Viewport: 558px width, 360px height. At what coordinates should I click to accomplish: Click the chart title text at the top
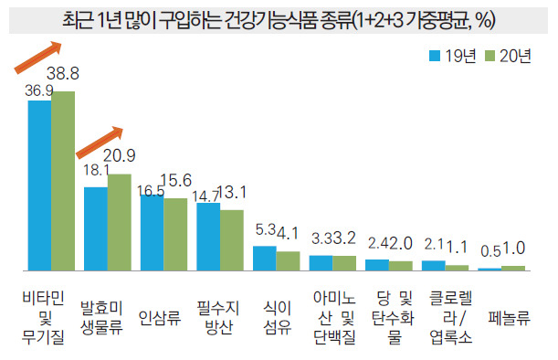279,20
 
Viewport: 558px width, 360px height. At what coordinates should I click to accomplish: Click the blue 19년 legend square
435,56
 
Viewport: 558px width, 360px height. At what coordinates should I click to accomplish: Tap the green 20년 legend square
490,56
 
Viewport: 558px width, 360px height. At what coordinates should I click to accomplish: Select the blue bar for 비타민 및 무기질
39,185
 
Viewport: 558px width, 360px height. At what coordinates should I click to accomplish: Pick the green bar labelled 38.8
63,181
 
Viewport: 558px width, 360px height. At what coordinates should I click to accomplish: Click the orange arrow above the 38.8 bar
38,58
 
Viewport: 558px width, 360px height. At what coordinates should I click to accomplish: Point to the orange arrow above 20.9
100,143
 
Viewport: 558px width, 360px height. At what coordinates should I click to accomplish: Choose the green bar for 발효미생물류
120,222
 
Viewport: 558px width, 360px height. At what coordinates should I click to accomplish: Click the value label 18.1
96,170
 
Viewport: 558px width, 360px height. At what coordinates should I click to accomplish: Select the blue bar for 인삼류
152,233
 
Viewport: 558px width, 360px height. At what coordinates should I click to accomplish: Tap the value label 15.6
175,181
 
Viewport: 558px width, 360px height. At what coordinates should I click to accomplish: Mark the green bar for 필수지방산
232,240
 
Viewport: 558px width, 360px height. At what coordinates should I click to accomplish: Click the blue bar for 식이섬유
265,259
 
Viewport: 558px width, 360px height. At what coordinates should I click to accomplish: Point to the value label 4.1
288,234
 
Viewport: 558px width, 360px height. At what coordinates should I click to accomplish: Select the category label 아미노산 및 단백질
334,318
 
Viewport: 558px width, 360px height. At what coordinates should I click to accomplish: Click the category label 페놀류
509,318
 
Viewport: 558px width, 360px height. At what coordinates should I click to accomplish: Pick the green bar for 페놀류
513,268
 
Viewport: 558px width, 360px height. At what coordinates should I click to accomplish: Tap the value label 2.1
434,244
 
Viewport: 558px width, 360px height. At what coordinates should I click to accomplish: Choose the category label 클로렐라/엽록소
450,318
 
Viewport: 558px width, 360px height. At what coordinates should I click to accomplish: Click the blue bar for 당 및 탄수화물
377,265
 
